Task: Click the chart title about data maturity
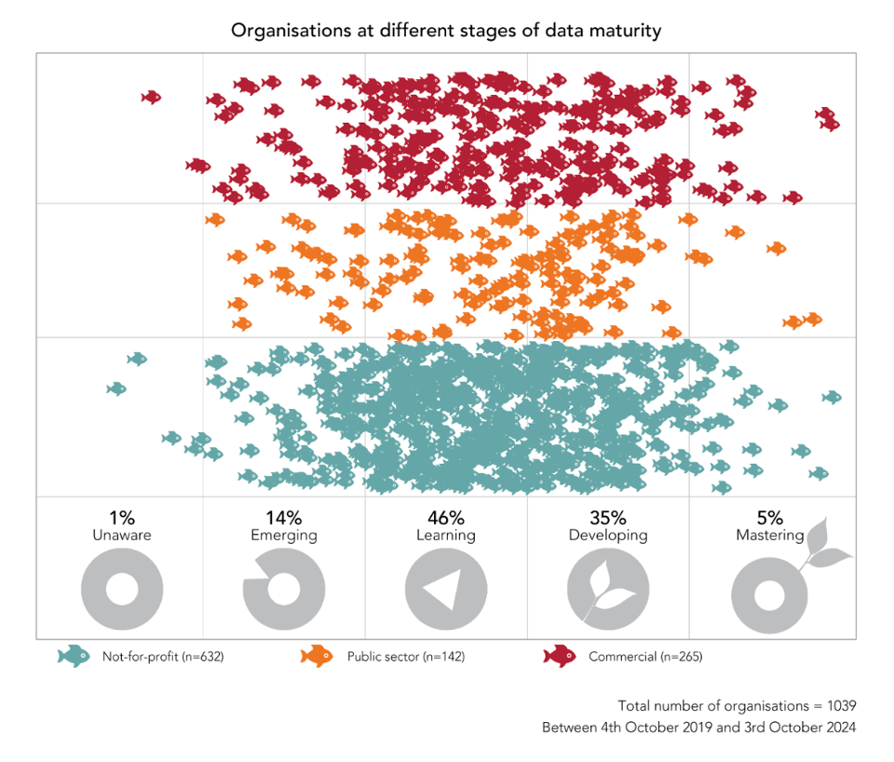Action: tap(446, 31)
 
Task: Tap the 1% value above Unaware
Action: tap(121, 518)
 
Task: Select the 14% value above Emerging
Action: tap(283, 518)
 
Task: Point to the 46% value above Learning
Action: tap(445, 518)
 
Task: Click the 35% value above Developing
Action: tap(607, 518)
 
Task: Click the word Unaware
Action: tap(121, 536)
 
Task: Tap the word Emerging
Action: tap(283, 536)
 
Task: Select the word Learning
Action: tap(445, 536)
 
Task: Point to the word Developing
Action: tap(607, 536)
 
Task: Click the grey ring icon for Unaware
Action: tap(121, 590)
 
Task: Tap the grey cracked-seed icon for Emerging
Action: tap(283, 590)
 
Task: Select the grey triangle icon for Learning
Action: tap(445, 591)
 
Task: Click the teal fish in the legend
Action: tap(73, 656)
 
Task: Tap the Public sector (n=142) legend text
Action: tap(405, 657)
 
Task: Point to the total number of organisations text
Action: tap(737, 705)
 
